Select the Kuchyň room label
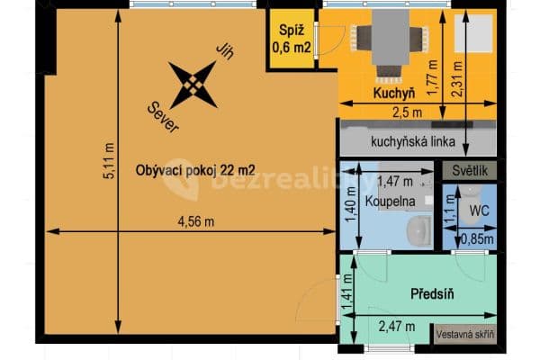tap(392, 93)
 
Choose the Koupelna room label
tap(389, 202)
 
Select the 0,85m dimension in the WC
tap(476, 239)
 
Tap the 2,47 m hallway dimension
tap(396, 327)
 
